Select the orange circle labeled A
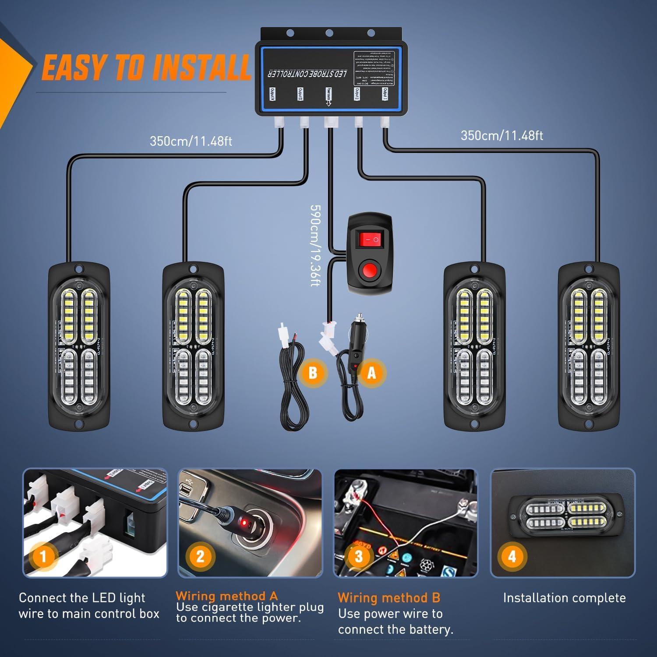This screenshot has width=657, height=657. pyautogui.click(x=371, y=373)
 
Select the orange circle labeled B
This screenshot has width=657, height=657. pyautogui.click(x=312, y=373)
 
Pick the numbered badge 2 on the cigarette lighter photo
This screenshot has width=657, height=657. pyautogui.click(x=200, y=556)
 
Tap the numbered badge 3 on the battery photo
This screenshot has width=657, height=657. pyautogui.click(x=358, y=556)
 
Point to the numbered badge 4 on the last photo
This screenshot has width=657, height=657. pyautogui.click(x=512, y=556)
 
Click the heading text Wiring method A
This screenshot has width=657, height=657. pyautogui.click(x=227, y=596)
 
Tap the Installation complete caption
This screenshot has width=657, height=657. pyautogui.click(x=564, y=598)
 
